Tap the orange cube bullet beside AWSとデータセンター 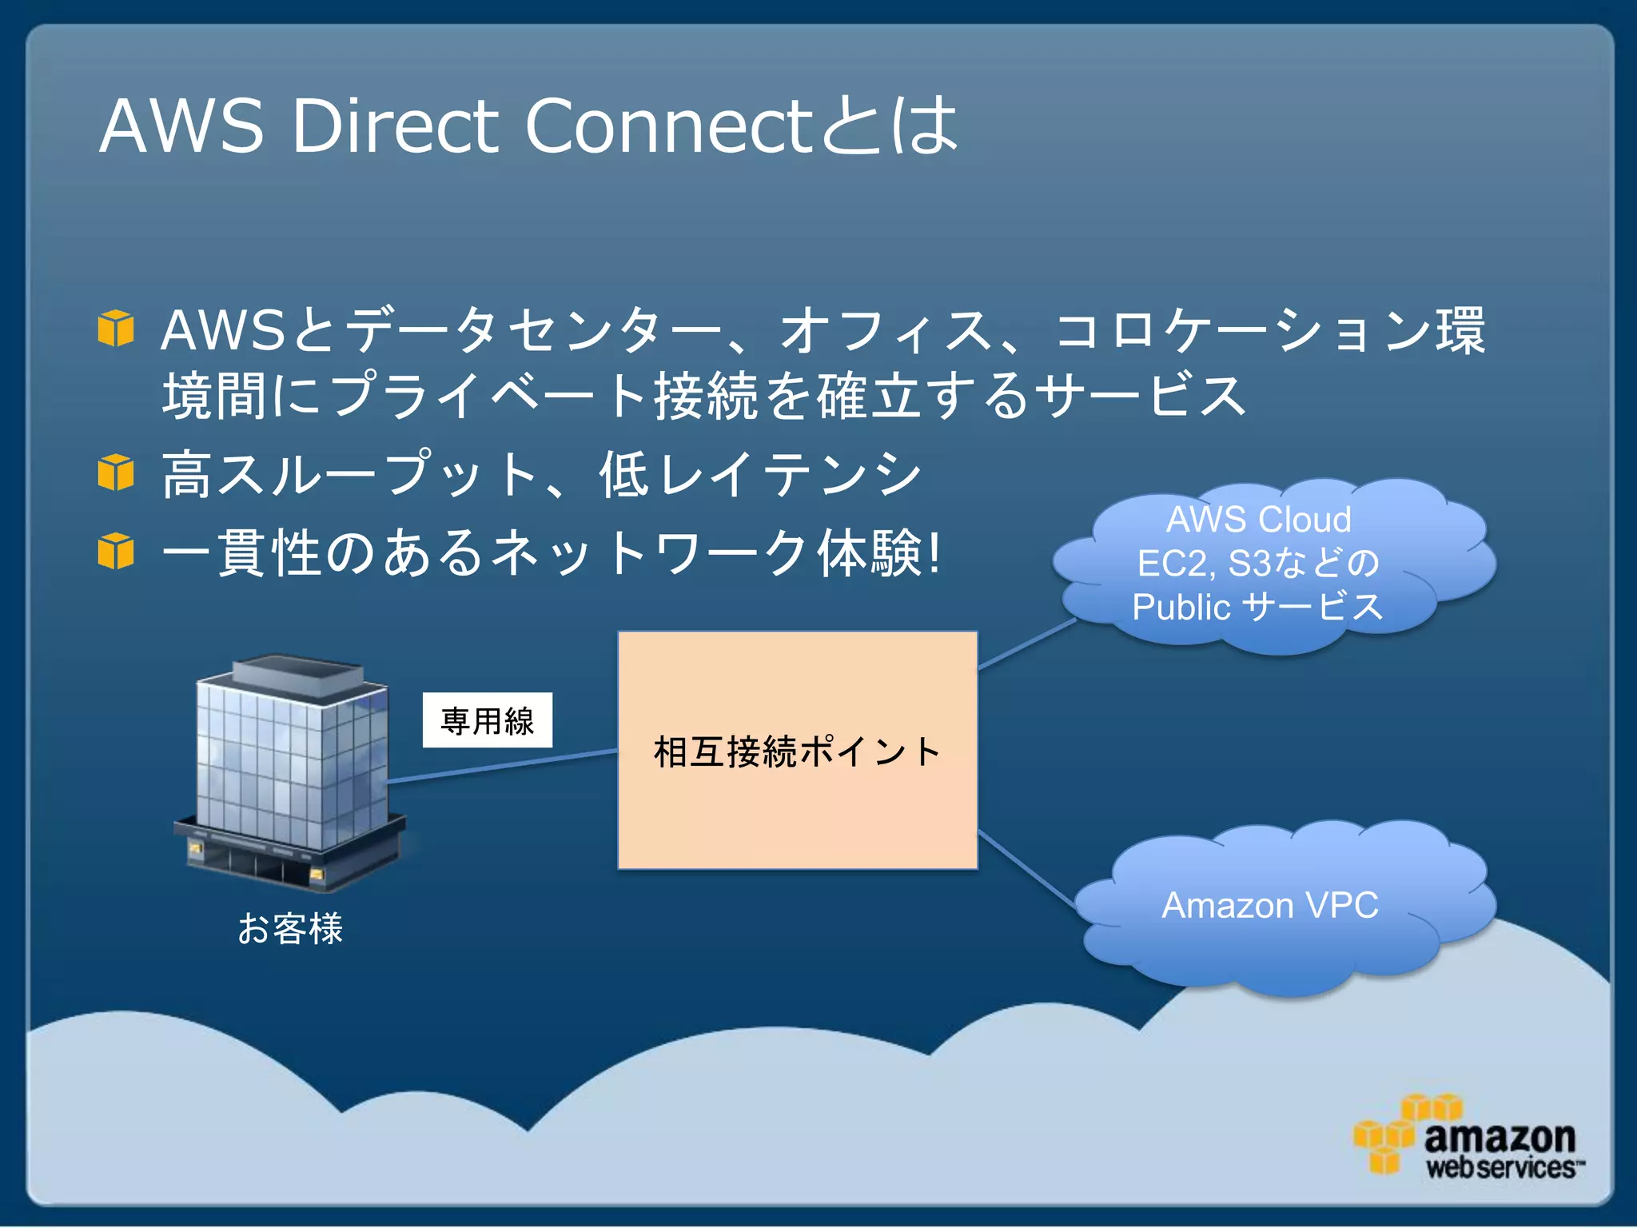116,329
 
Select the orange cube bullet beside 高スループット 116,472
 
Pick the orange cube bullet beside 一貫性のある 116,552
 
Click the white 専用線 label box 487,720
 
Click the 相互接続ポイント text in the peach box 797,752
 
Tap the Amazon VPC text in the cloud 1269,906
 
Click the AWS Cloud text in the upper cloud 1259,520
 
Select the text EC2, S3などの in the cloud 1257,563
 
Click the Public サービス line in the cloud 1257,607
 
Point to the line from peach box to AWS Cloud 1027,644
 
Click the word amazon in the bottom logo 1499,1137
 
